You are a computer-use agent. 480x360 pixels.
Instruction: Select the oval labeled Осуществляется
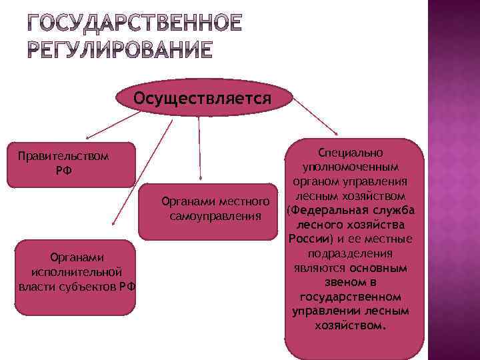[x=202, y=99]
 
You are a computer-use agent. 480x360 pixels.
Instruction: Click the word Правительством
[x=63, y=157]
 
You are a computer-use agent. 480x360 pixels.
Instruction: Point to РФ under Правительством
[x=64, y=171]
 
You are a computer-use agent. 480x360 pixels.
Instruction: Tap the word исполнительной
[x=76, y=272]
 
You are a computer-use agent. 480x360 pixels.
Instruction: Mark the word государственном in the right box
[x=351, y=297]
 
